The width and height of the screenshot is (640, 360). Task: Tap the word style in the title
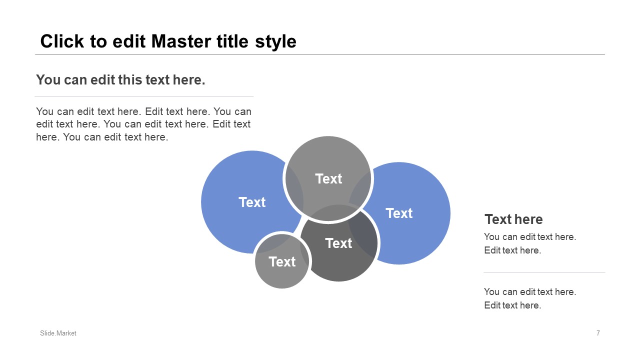[275, 42]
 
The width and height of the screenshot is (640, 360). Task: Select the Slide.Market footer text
[58, 333]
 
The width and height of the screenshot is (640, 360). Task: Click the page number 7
[598, 333]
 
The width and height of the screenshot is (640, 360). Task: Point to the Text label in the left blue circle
[252, 202]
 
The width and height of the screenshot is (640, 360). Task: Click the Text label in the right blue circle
[399, 213]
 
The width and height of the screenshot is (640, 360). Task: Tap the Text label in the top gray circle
[328, 179]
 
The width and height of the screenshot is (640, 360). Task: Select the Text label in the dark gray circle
[338, 243]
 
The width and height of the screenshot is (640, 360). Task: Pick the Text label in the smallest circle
[282, 261]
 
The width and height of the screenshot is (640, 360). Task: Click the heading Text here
[513, 219]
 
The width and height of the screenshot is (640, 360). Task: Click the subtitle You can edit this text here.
[120, 79]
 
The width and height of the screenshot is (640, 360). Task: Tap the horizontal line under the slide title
[320, 54]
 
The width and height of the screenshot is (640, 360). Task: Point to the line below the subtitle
[144, 96]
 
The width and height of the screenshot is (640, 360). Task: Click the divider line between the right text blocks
[544, 272]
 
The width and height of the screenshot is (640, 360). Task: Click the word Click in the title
[62, 41]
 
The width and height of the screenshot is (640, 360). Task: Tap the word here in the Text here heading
[528, 219]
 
